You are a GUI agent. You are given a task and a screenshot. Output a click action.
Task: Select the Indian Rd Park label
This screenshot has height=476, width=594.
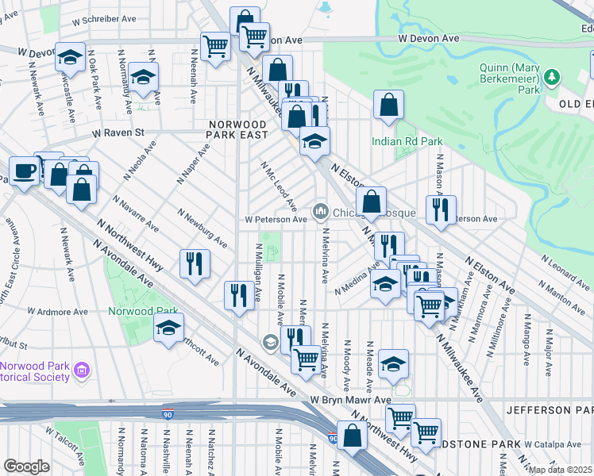(x=407, y=142)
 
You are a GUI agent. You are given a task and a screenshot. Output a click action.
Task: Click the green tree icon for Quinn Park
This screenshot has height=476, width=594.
(x=549, y=76)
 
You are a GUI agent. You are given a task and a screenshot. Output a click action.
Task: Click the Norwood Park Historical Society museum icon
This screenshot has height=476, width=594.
(x=81, y=370)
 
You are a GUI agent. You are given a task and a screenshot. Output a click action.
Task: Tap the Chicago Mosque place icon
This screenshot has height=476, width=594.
(x=321, y=211)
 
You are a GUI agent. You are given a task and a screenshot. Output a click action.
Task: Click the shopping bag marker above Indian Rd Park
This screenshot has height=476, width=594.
(x=388, y=105)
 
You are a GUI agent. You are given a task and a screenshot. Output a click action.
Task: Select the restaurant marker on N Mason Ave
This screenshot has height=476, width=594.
(x=436, y=210)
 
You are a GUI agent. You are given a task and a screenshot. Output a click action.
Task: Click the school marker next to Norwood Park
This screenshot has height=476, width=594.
(x=168, y=328)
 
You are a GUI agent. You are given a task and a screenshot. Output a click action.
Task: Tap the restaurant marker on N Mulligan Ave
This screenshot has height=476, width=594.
(x=239, y=296)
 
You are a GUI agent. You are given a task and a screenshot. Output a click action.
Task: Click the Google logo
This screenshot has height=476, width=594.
(x=26, y=466)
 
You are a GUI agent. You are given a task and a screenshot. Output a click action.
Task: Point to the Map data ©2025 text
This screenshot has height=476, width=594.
(x=561, y=470)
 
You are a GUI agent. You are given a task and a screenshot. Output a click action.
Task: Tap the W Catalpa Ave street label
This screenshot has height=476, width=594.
(x=552, y=444)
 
